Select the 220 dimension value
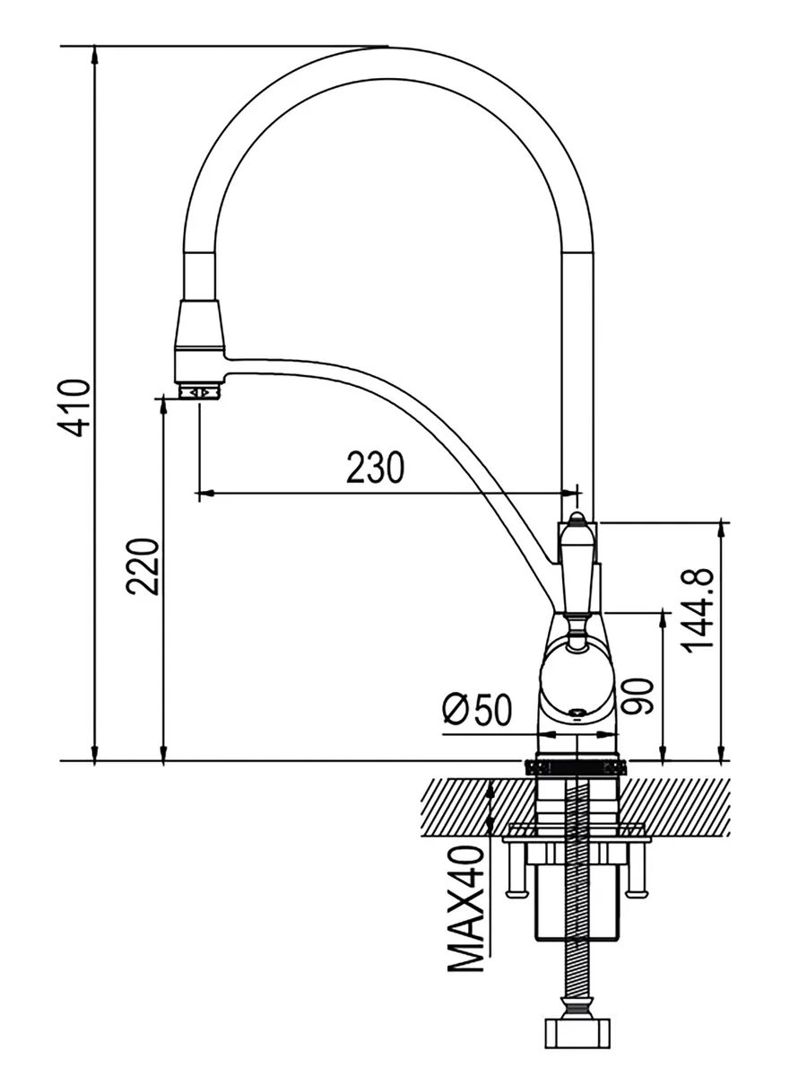point(143,565)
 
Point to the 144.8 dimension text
point(697,610)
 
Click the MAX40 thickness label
point(466,911)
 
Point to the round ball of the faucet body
point(575,678)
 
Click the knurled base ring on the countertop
point(575,766)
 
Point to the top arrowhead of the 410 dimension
point(95,54)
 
